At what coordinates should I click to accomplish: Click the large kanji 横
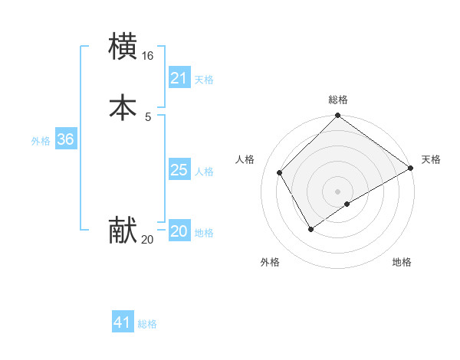123,46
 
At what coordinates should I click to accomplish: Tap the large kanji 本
123,107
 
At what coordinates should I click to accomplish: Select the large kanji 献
123,230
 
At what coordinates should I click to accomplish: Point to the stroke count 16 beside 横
147,57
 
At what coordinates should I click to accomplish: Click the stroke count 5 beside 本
147,117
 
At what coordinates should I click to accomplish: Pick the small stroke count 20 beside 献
147,240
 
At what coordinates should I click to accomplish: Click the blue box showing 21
179,78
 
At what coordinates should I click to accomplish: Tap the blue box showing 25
179,170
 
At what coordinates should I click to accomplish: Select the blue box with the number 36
65,139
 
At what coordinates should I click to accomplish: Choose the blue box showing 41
123,322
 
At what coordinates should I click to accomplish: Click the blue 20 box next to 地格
179,231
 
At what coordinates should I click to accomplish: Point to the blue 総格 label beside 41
147,324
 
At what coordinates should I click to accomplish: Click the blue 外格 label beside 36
41,141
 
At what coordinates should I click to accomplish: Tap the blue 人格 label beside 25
204,172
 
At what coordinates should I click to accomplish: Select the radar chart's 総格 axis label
337,100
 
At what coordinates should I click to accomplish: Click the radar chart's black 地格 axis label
402,262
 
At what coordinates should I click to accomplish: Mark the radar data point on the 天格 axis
411,168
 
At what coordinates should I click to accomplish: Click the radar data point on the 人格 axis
280,172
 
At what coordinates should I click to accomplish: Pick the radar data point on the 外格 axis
310,229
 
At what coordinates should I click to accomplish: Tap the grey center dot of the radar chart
337,191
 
